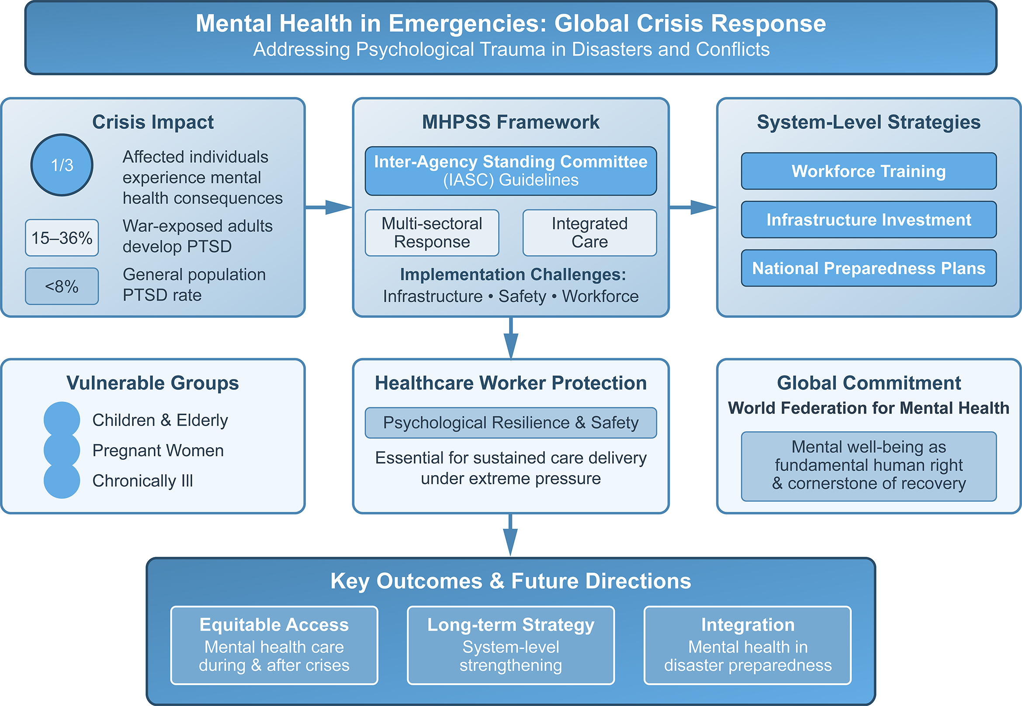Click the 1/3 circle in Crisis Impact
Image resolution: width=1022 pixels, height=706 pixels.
pyautogui.click(x=62, y=165)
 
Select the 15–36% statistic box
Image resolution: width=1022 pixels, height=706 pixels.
pyautogui.click(x=62, y=238)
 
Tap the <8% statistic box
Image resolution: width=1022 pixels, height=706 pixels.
pyautogui.click(x=62, y=286)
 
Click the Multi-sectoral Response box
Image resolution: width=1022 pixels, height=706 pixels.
pyautogui.click(x=432, y=233)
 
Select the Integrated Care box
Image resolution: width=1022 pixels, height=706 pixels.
pyautogui.click(x=589, y=233)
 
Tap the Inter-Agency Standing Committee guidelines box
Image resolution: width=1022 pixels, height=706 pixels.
pyautogui.click(x=510, y=171)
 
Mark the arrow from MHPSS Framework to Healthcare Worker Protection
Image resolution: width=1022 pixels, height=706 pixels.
pyautogui.click(x=511, y=338)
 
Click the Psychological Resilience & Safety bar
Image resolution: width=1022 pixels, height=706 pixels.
pyautogui.click(x=510, y=423)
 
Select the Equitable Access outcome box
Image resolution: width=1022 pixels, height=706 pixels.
pyautogui.click(x=274, y=645)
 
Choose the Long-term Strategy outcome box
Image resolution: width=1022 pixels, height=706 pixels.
pyautogui.click(x=510, y=645)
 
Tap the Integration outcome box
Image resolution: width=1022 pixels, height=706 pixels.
pyautogui.click(x=747, y=645)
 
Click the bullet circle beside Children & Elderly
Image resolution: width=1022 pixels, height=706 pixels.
pyautogui.click(x=62, y=419)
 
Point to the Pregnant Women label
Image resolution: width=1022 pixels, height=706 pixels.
pyautogui.click(x=158, y=450)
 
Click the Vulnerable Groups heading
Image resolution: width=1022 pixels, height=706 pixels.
pyautogui.click(x=152, y=383)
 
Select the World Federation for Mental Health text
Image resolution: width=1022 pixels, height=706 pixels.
pyautogui.click(x=868, y=408)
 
